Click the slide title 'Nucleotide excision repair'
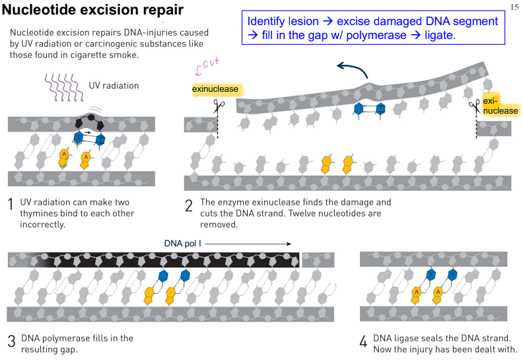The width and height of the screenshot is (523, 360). coord(92,10)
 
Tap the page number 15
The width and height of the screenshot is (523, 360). coord(514,7)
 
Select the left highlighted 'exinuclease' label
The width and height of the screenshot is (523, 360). coord(215,89)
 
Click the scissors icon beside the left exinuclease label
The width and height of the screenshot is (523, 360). coord(219,106)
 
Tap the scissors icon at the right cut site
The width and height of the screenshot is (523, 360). coord(474,106)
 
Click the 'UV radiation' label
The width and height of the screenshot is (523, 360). coord(114,86)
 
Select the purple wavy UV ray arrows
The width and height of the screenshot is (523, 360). coord(63,88)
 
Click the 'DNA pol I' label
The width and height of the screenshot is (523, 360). coord(182,244)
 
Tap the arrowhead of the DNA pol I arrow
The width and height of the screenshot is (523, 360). coord(289,244)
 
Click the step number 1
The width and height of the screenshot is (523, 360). coord(11,204)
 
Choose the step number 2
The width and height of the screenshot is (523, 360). coord(189,205)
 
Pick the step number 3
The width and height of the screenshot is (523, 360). coord(12,342)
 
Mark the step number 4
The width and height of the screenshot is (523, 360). coord(364,342)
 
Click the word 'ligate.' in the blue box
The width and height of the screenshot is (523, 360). coord(440,35)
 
